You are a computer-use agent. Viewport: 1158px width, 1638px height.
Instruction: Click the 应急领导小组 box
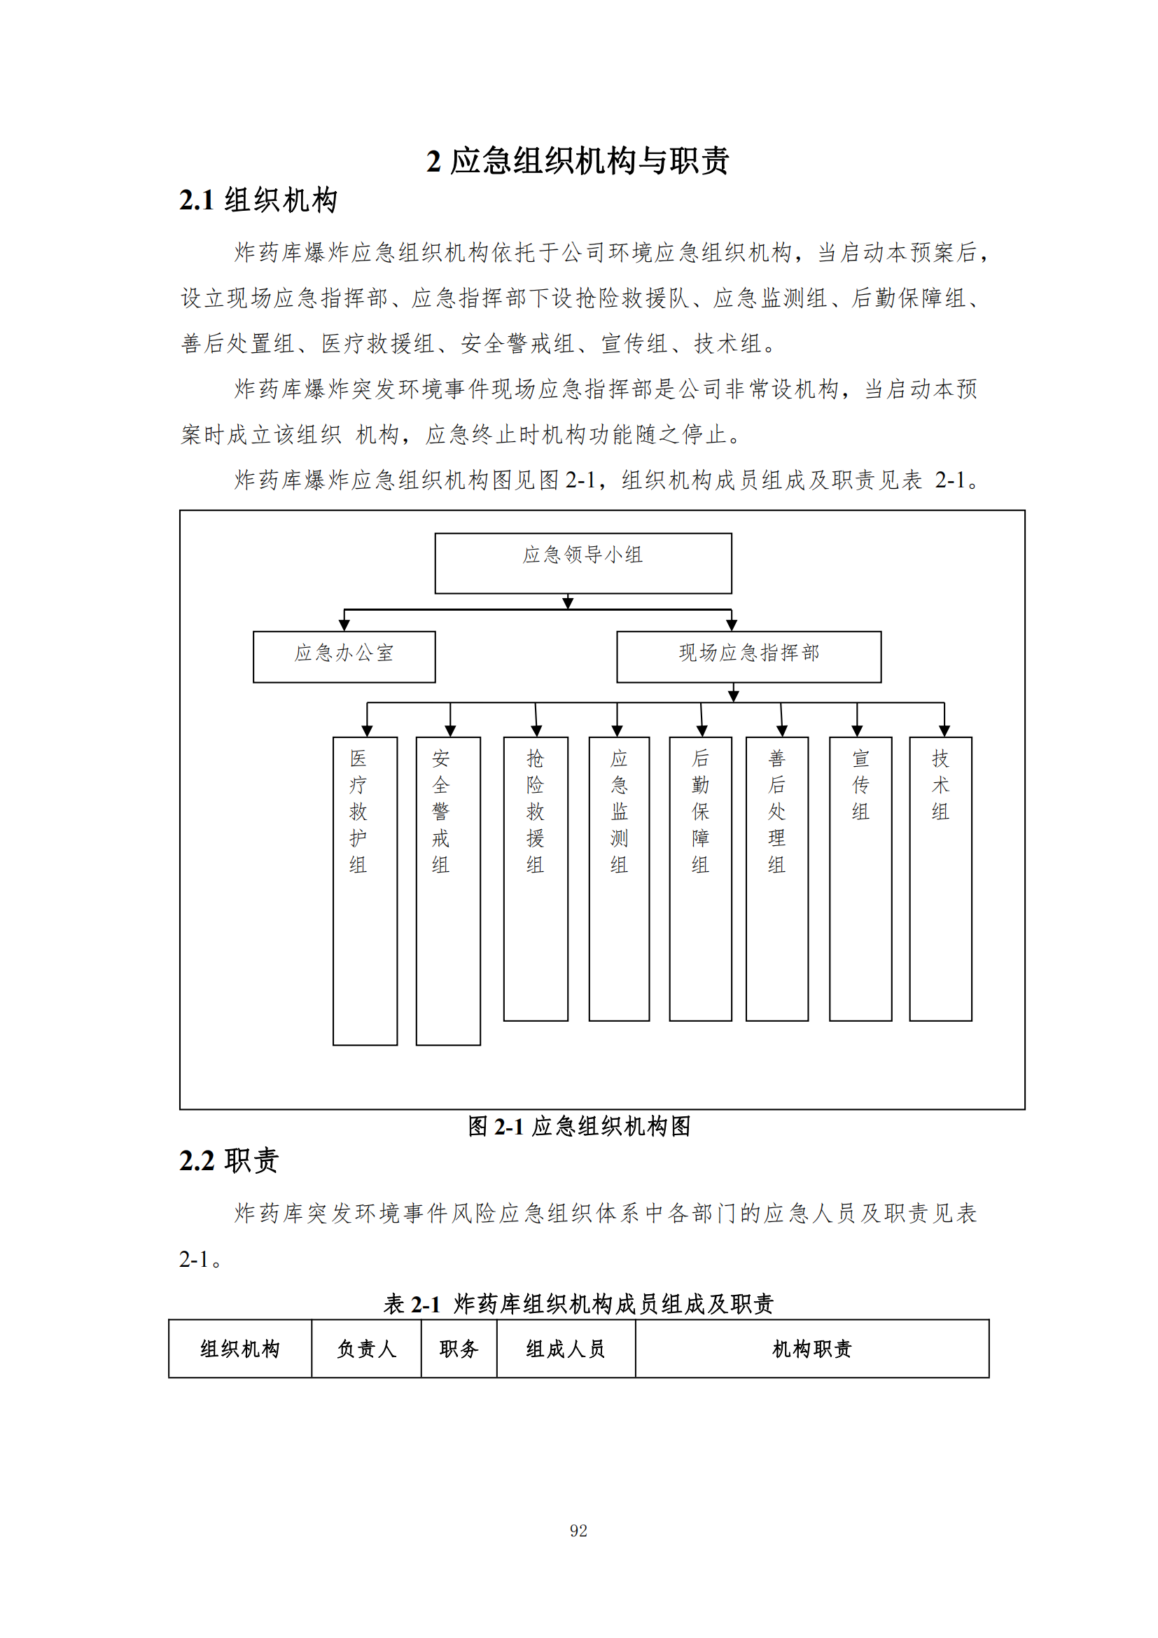coord(583,563)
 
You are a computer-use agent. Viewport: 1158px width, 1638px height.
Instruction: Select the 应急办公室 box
coord(344,656)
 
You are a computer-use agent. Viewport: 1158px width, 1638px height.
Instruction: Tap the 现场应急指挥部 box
coord(748,656)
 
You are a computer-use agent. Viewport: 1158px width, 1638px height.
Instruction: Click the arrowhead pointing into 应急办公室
coord(344,625)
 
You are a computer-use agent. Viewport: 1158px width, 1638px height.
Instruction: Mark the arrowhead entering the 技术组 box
coord(944,730)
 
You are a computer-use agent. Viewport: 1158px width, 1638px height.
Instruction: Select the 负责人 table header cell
coord(365,1348)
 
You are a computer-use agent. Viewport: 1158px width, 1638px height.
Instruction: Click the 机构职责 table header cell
coord(811,1348)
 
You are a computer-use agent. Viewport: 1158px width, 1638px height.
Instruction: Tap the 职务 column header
coord(459,1348)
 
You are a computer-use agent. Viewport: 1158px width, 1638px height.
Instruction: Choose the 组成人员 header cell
coord(566,1348)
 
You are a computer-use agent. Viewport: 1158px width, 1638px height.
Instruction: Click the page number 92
coord(578,1530)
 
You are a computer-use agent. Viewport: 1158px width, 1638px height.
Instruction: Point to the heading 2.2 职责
coord(229,1160)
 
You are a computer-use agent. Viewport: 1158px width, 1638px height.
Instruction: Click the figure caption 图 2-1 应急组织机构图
coord(578,1126)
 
